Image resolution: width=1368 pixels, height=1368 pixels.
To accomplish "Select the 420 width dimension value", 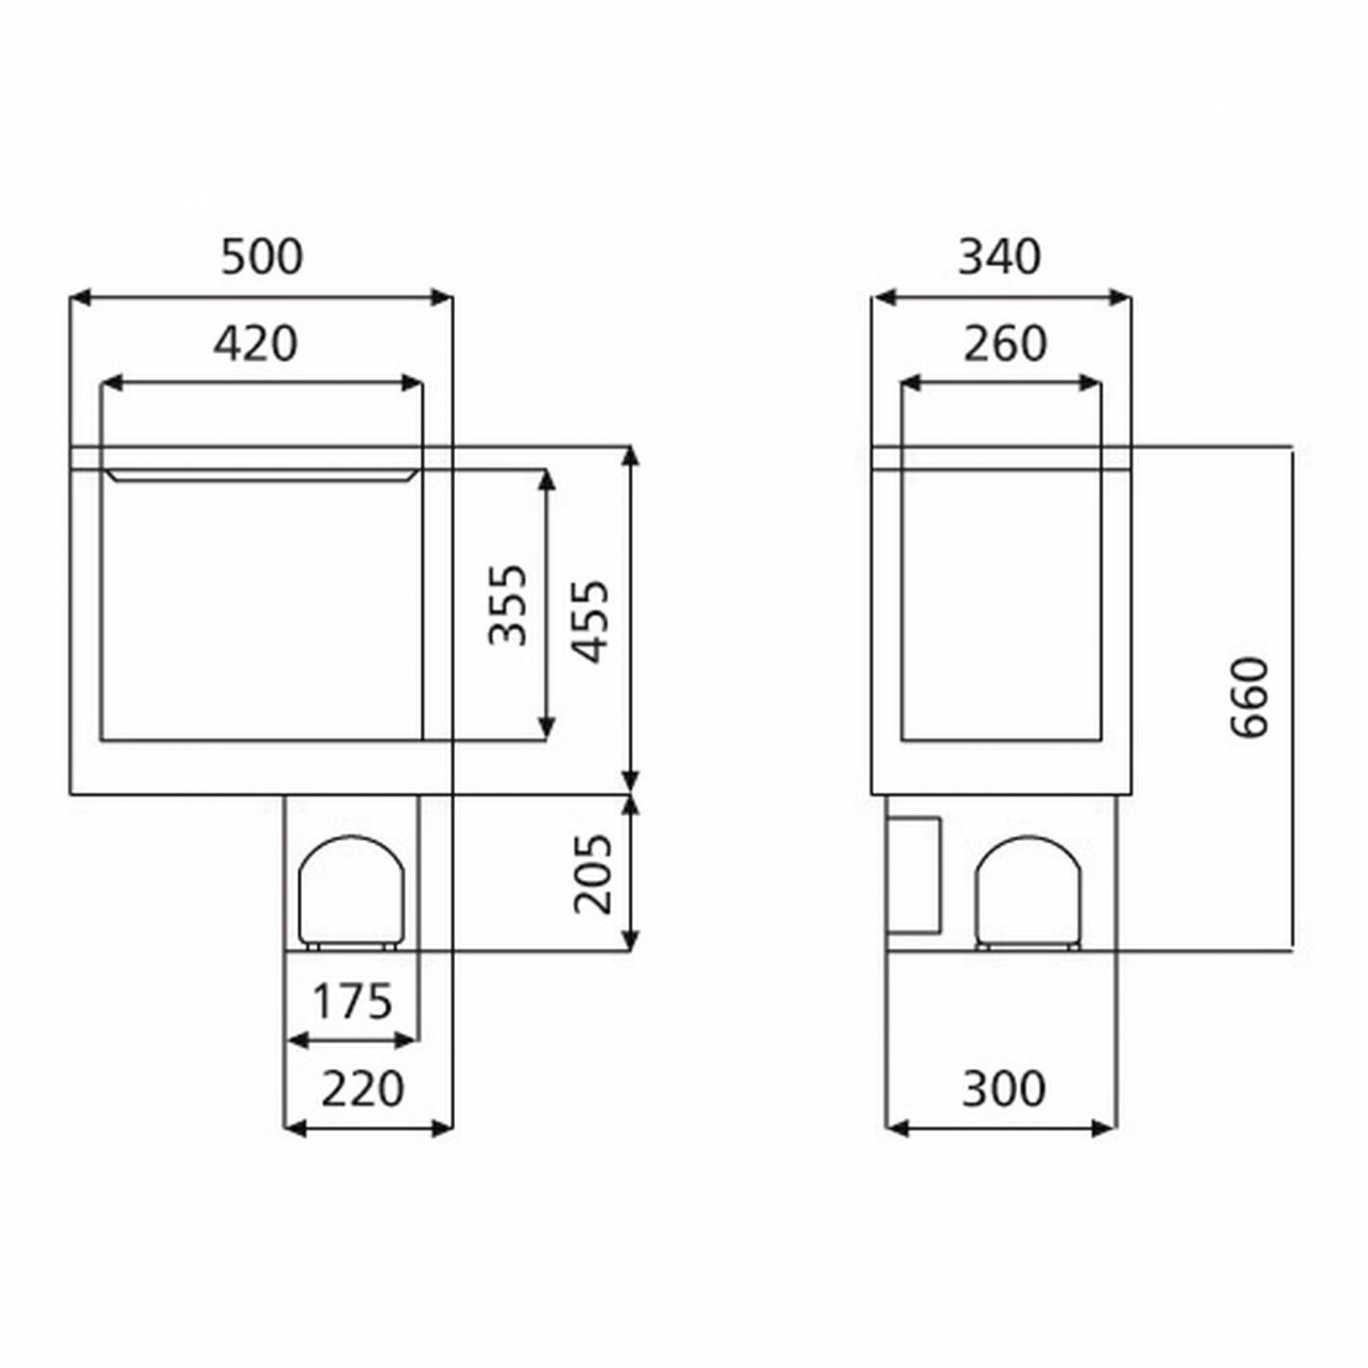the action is point(256,343).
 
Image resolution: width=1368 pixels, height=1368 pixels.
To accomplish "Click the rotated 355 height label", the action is point(509,605).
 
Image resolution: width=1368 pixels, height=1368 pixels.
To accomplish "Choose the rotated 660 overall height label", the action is point(1250,698).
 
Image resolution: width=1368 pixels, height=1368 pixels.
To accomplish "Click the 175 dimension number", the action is point(353,1001).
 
